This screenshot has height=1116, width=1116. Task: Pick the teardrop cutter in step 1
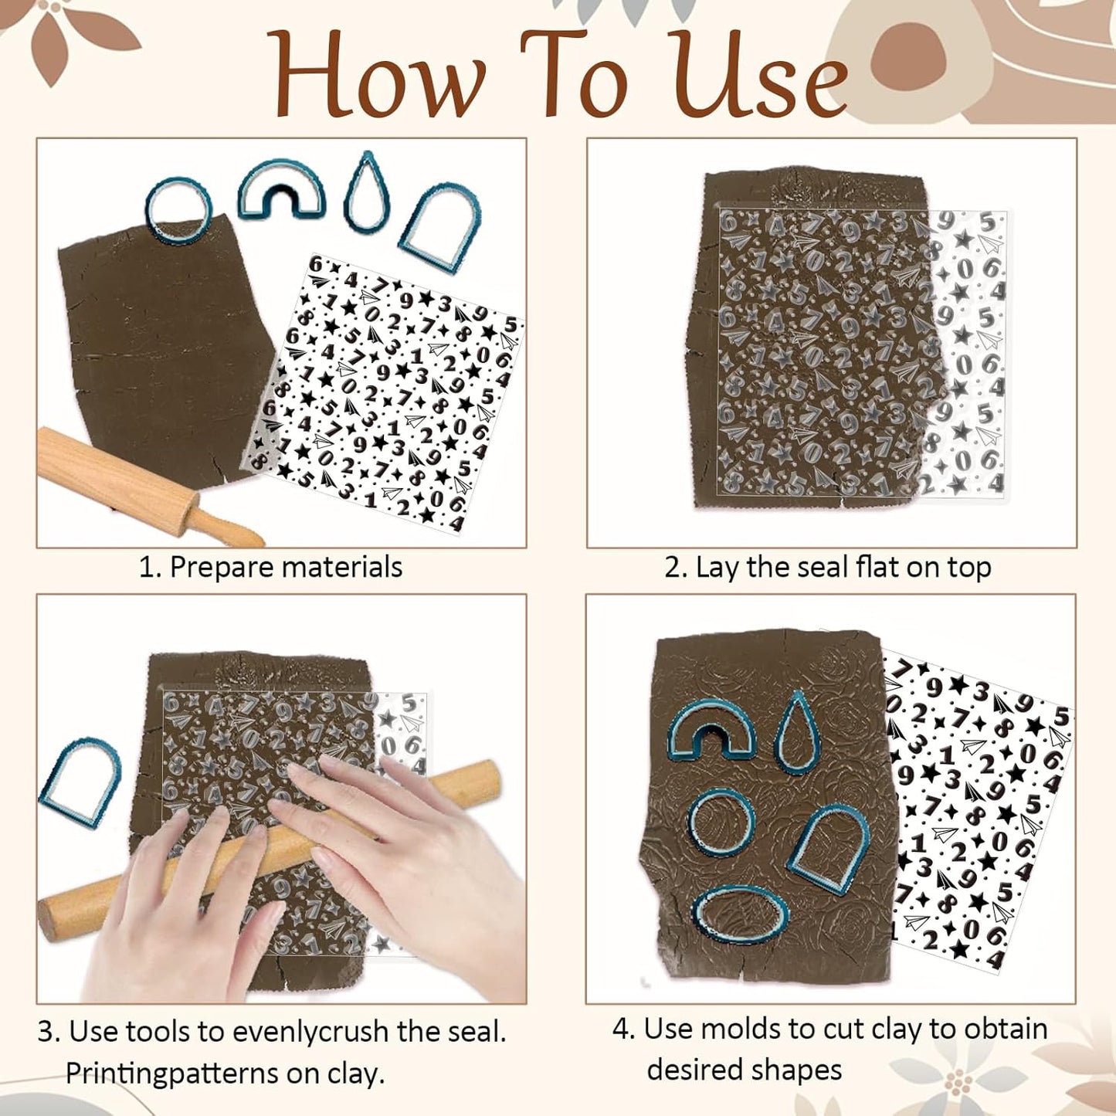pos(367,192)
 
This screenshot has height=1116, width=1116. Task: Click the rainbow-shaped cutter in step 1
pos(281,190)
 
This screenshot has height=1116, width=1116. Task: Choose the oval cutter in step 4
pos(740,916)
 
